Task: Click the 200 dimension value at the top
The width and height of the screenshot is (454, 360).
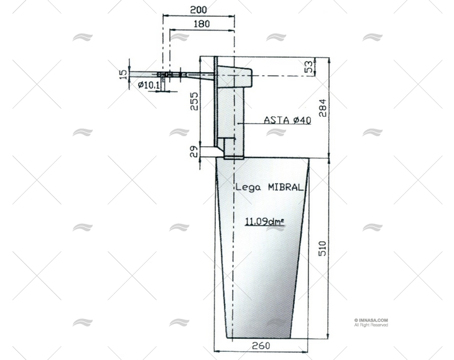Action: pos(199,10)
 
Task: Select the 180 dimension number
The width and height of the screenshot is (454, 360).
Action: pos(202,24)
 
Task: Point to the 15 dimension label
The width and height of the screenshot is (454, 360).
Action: pos(123,74)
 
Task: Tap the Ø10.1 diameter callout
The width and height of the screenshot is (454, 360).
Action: pos(149,85)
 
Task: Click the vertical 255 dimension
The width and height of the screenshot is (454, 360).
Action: pos(194,101)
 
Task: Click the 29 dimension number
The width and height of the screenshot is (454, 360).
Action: pos(194,151)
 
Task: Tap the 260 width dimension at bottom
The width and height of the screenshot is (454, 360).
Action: pos(262,346)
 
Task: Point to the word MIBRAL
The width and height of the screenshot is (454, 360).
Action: pos(285,186)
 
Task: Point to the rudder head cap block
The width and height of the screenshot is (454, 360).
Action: pos(234,76)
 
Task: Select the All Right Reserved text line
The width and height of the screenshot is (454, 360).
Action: pos(371,325)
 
